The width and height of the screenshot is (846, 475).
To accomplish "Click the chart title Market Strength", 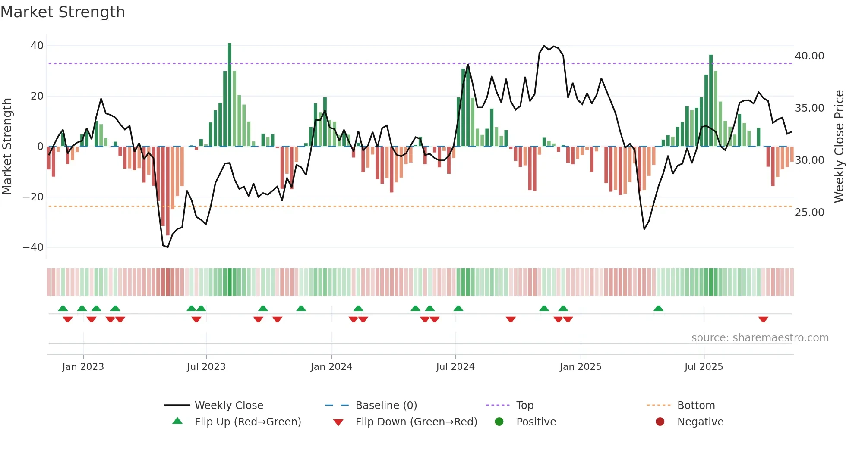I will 63,12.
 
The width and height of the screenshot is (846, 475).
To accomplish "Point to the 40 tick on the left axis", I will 37,46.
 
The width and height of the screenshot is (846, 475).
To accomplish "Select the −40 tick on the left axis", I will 33,247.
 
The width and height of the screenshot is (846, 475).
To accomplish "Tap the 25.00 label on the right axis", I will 809,212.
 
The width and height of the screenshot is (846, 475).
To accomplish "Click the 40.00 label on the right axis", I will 809,56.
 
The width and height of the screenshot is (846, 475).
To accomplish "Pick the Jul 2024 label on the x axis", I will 455,367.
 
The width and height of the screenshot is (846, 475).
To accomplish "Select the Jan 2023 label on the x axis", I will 83,367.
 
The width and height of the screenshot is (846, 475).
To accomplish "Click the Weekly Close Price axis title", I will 839,147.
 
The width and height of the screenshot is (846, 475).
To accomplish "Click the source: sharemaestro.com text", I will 760,338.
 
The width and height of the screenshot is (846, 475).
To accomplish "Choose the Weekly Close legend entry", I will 228,406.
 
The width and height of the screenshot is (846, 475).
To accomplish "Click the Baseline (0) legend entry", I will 386,406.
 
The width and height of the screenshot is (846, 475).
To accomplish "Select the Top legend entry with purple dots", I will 524,406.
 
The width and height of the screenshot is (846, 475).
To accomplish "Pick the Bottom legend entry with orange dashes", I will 696,406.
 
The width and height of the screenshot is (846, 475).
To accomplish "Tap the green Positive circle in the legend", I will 499,422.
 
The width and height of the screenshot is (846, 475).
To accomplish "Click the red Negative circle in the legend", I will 660,422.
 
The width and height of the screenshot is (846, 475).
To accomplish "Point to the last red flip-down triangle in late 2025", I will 763,319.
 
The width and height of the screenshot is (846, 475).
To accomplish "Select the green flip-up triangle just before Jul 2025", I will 658,309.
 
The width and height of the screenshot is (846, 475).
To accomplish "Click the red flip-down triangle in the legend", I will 338,422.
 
